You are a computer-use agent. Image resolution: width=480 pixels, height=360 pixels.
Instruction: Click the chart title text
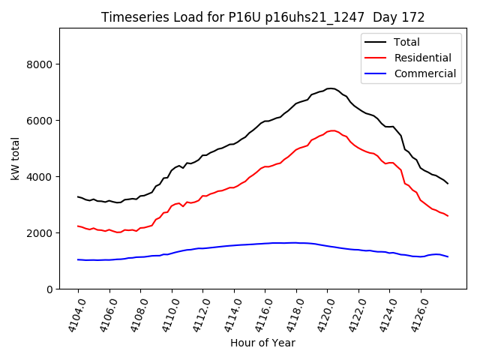(x=262, y=17)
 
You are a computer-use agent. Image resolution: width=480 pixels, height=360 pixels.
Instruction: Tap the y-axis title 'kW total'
(x=15, y=158)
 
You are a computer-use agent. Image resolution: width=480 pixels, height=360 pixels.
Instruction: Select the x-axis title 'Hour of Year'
(x=262, y=343)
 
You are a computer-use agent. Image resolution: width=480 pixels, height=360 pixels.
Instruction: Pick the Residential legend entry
(x=422, y=58)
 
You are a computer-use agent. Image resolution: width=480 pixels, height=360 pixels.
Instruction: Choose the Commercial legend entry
(x=424, y=73)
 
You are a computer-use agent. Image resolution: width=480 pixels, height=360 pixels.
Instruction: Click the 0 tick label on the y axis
(x=49, y=289)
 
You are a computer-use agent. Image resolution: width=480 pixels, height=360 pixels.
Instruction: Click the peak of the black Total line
(x=331, y=88)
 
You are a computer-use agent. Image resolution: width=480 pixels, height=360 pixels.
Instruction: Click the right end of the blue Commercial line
(x=448, y=256)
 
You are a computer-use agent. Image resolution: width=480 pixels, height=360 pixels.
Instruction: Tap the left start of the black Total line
(x=78, y=196)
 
